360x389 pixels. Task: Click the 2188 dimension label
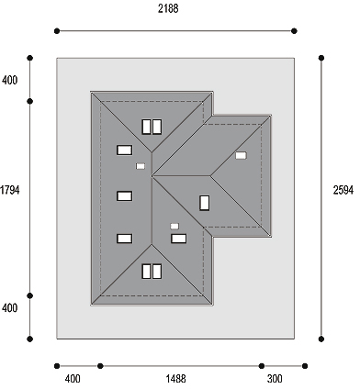pos(168,9)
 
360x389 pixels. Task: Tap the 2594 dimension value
pos(343,190)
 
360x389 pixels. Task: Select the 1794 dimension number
pos(9,190)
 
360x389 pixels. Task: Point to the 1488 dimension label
pos(176,379)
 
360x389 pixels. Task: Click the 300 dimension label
pos(275,379)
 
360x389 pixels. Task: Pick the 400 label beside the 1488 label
pos(73,379)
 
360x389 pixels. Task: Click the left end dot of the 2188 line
pos(57,31)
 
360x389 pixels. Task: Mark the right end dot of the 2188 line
pos(294,31)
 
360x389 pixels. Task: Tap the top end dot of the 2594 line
pos(321,58)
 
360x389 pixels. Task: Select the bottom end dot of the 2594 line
pos(321,339)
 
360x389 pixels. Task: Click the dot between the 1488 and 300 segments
pos(262,366)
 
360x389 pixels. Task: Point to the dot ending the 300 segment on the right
pos(305,366)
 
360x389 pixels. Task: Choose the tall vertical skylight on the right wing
pos(205,203)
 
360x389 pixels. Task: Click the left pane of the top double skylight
pos(146,127)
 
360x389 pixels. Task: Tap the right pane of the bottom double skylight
pos(157,272)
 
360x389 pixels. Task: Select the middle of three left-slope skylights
pos(125,196)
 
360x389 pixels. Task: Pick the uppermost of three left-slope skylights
pos(125,150)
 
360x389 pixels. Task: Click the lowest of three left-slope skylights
pos(125,239)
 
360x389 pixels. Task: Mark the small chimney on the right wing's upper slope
pos(241,155)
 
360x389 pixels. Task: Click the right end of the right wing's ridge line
pos(210,176)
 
